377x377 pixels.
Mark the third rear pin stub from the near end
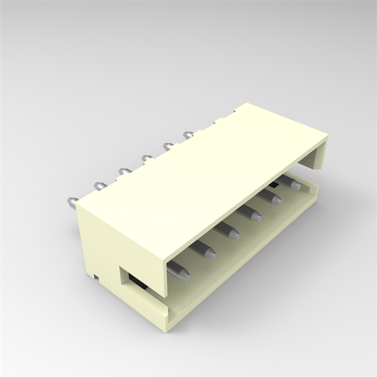tap(124, 171)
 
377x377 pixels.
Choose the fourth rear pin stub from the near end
tap(147, 159)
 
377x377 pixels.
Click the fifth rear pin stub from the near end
tap(169, 146)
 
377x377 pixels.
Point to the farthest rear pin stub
tap(189, 134)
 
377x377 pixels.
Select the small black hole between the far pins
tap(274, 186)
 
